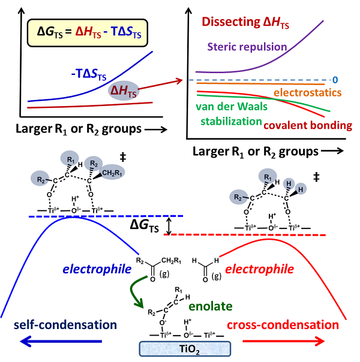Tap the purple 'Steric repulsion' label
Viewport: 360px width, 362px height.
(x=247, y=46)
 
